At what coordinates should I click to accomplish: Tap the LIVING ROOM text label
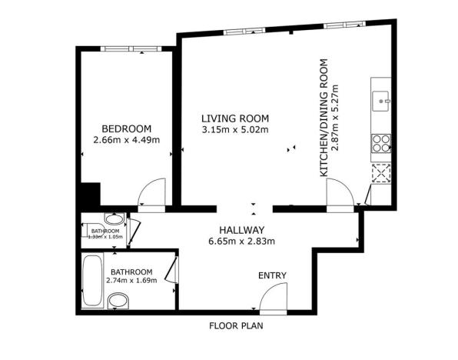tap(234, 118)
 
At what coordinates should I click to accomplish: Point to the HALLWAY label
tap(241, 230)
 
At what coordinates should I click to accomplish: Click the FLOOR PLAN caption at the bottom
tap(237, 325)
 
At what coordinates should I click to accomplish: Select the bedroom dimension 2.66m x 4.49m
tap(126, 140)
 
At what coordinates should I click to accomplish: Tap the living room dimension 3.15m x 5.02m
tap(234, 130)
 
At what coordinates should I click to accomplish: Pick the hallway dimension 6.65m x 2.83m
tap(241, 242)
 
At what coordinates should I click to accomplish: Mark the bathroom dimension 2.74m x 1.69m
tap(131, 281)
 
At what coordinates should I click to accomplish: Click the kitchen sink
tap(382, 98)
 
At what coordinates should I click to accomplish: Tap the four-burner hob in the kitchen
tap(381, 143)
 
